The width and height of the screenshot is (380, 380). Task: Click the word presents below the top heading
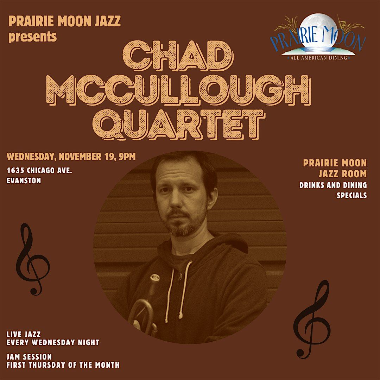coord(33,36)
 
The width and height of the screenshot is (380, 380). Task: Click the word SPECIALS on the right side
coord(351,195)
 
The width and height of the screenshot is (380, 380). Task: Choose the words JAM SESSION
coord(29,357)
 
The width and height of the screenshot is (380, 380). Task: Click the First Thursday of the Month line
coord(63,365)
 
